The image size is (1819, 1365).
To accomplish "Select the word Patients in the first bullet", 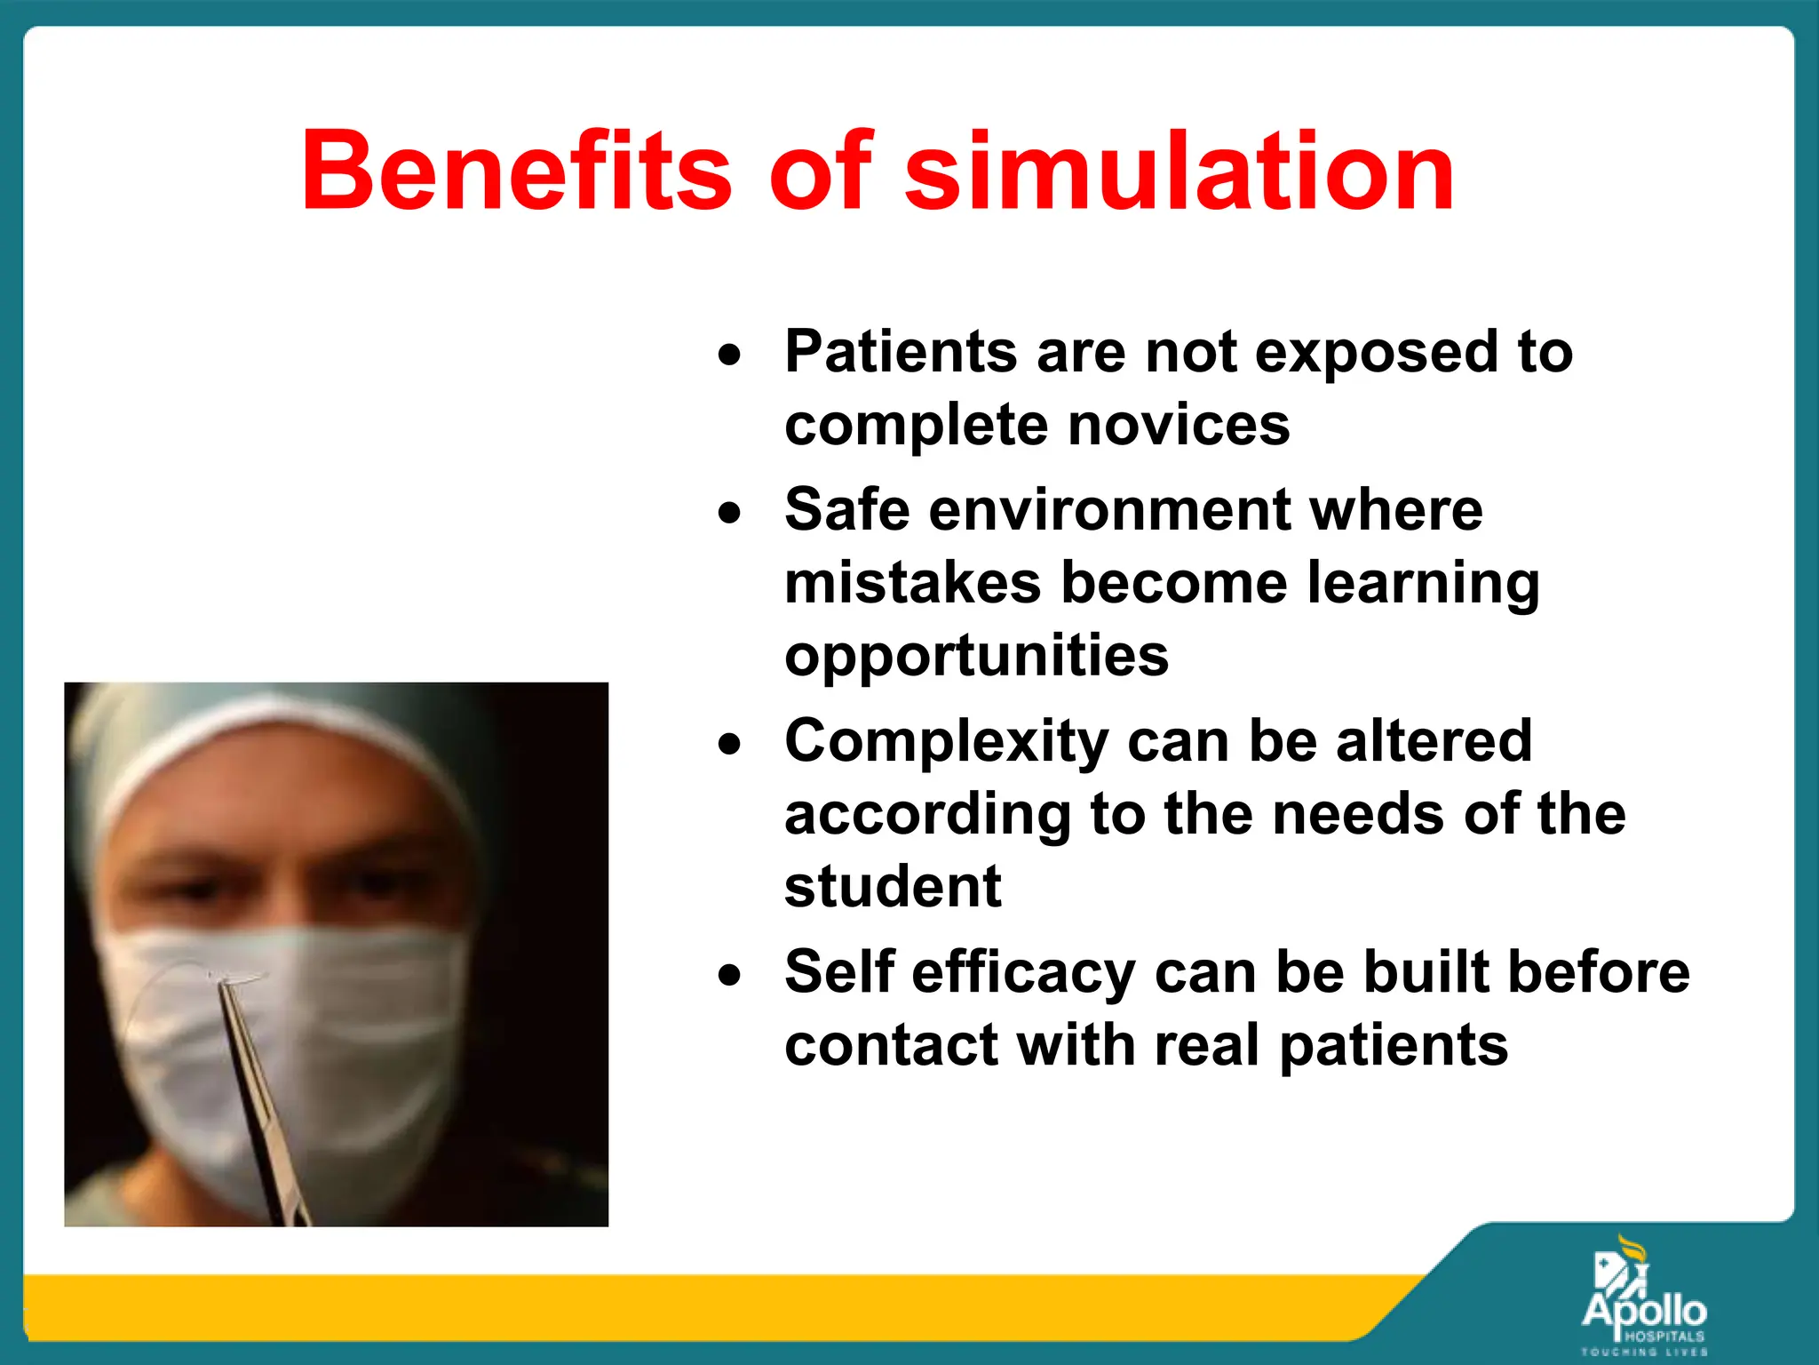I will point(900,352).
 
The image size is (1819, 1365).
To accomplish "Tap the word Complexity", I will point(946,741).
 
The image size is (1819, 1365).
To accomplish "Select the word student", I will point(893,887).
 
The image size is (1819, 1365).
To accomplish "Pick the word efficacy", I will point(1022,972).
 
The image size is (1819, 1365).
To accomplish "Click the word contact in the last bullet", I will point(890,1045).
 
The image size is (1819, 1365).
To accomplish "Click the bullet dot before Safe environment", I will point(729,514).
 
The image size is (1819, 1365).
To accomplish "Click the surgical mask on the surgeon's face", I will point(293,1022).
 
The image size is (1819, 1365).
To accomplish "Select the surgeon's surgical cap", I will point(266,738).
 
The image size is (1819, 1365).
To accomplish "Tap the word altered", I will point(1434,741).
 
